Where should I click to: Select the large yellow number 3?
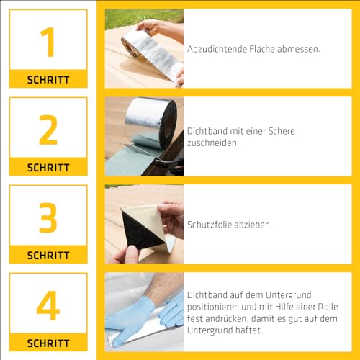click(48, 217)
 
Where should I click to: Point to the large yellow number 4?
click(48, 305)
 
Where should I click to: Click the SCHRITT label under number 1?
click(48, 79)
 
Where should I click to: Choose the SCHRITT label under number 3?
click(48, 255)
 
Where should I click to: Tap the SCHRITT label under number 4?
click(48, 343)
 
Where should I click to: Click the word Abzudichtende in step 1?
click(215, 49)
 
